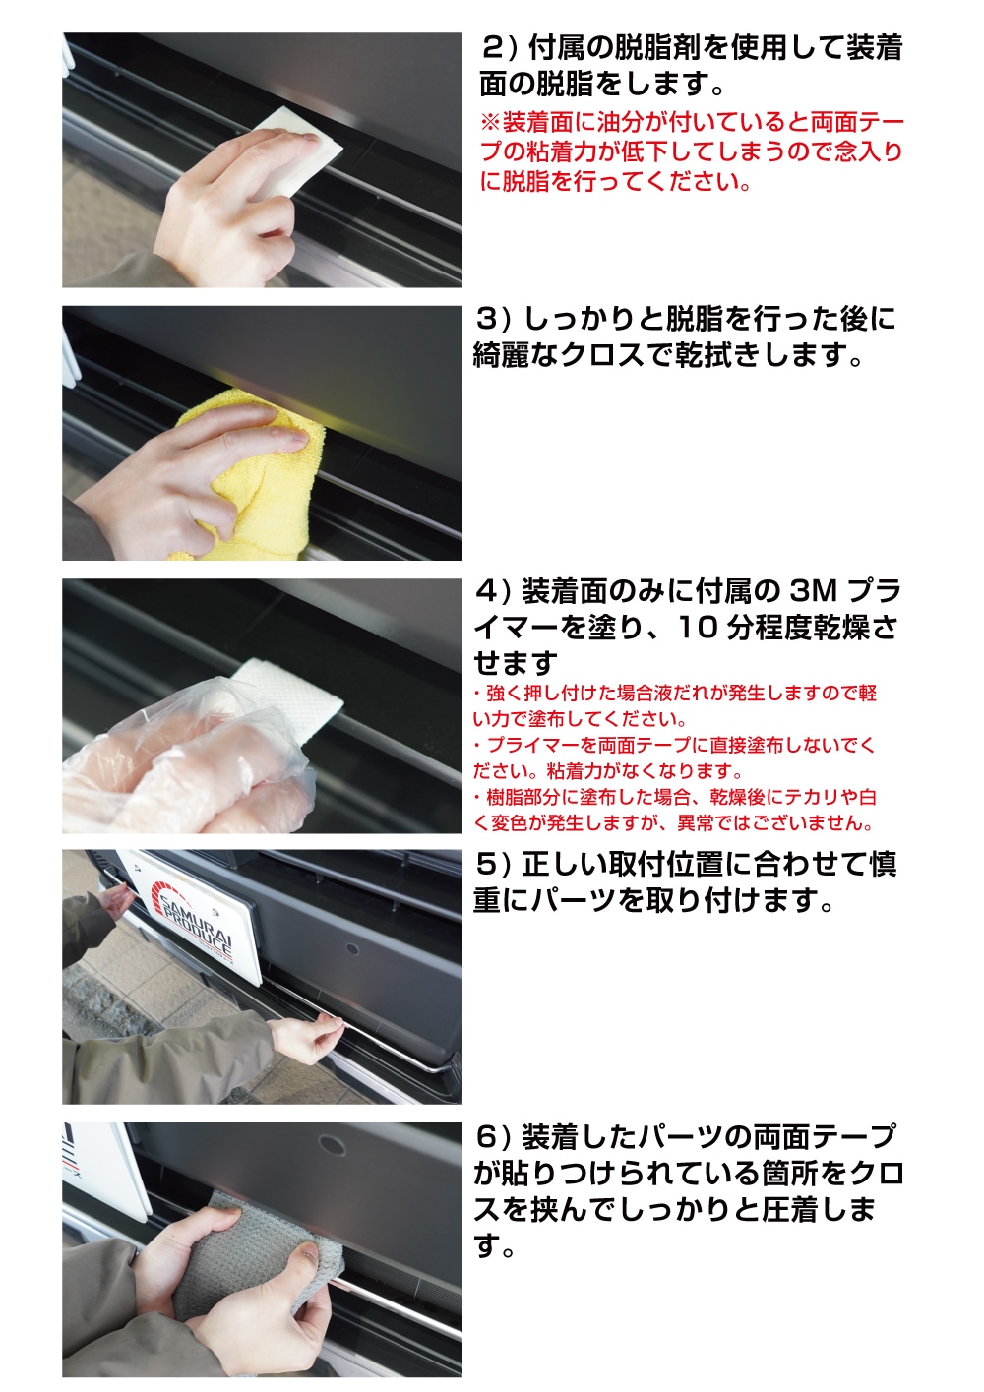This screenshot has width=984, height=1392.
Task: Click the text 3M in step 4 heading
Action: point(813,591)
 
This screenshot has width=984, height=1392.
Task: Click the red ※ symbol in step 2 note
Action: point(490,123)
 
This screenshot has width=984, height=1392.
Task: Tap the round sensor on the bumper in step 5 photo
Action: point(351,952)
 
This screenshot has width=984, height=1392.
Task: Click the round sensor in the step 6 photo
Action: point(332,1145)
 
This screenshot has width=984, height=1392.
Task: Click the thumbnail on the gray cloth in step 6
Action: point(309,1251)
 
